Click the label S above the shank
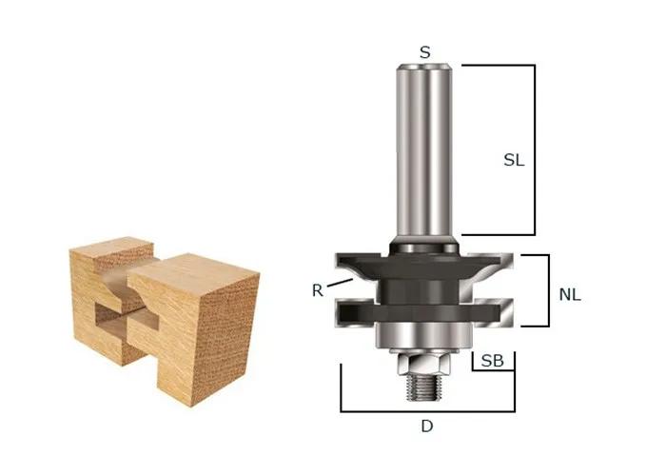(424, 52)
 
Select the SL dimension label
(514, 161)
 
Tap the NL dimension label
(569, 295)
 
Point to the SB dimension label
(492, 362)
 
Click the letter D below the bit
(426, 426)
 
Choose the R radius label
(317, 290)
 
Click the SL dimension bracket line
(534, 149)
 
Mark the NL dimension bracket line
(549, 290)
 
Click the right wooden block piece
(205, 328)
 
